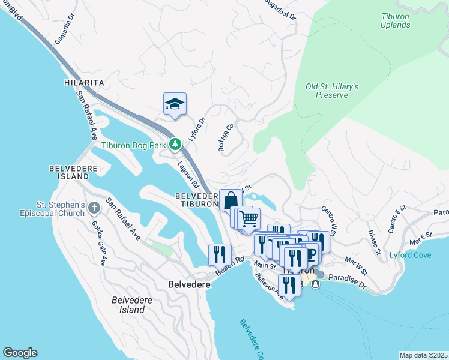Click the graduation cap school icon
(x=175, y=104)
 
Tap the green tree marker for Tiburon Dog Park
(x=175, y=144)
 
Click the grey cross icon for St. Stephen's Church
(x=94, y=208)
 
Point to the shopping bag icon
(x=231, y=200)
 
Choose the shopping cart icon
(x=248, y=217)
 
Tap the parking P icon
(x=312, y=254)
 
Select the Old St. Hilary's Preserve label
(x=332, y=91)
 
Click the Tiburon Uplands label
(x=396, y=20)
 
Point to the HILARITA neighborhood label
(x=85, y=82)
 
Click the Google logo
(x=20, y=353)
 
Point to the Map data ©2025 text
(x=423, y=355)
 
